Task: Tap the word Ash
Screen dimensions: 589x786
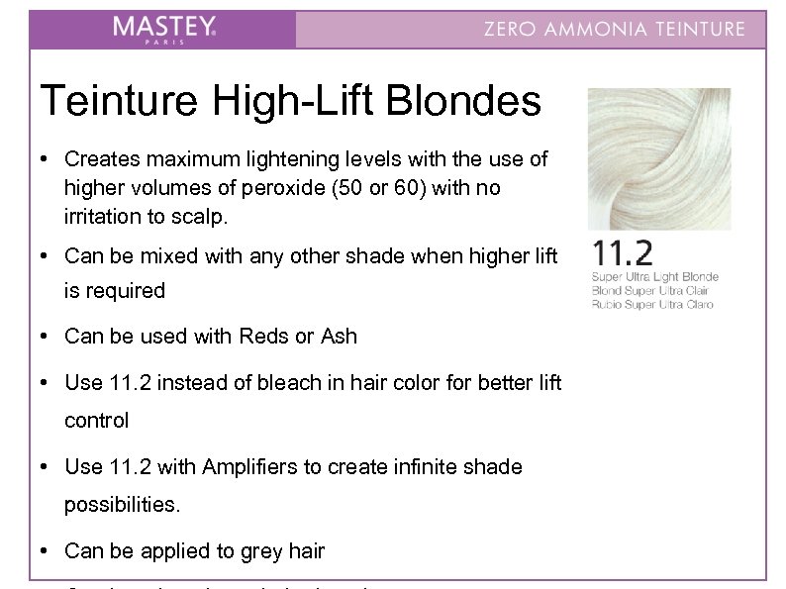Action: pyautogui.click(x=338, y=337)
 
